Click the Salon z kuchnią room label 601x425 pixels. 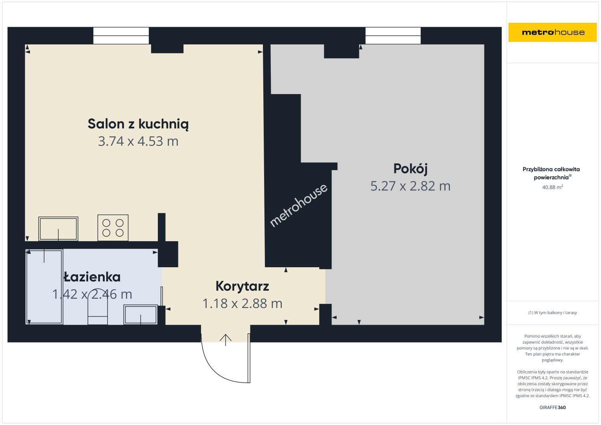(x=138, y=124)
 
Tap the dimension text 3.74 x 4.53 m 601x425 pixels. (x=138, y=141)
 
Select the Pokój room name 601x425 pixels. (x=410, y=169)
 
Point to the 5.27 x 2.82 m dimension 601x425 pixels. (x=410, y=186)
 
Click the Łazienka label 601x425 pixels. (x=92, y=277)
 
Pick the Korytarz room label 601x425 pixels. (x=242, y=286)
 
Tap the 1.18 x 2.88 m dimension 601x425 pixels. (x=242, y=303)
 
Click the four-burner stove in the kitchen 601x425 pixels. (x=113, y=227)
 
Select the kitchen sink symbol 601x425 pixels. (x=58, y=229)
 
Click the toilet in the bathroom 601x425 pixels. (x=98, y=307)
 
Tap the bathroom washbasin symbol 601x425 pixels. (x=141, y=314)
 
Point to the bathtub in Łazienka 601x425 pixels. (x=44, y=287)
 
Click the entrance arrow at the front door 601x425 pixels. (x=226, y=340)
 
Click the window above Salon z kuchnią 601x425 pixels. (x=121, y=35)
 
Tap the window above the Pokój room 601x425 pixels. (x=393, y=35)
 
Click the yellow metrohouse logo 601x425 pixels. (x=553, y=32)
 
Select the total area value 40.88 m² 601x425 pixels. (x=553, y=187)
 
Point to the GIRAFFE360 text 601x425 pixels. (x=553, y=407)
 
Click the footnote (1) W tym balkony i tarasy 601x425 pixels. (x=553, y=312)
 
